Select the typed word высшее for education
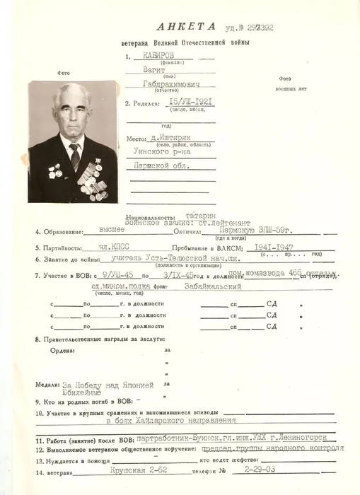pos(111,230)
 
